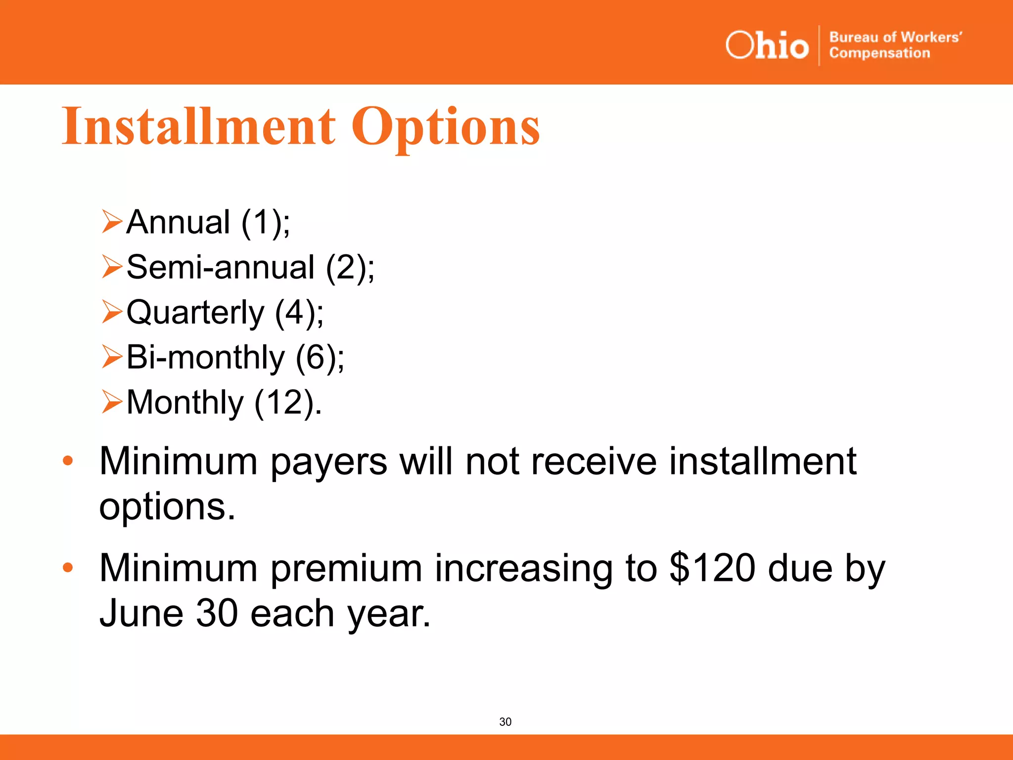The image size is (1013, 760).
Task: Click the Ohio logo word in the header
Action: (767, 46)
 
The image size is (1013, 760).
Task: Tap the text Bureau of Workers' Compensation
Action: (895, 45)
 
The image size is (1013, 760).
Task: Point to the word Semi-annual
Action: (221, 267)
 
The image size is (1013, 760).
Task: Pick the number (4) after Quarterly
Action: (295, 313)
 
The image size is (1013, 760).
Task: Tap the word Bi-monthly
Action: (206, 357)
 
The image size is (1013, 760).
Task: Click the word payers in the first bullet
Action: (328, 462)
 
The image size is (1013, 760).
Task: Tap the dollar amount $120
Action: (712, 568)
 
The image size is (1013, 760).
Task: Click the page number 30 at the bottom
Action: (506, 722)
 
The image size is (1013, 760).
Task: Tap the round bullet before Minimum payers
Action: (68, 461)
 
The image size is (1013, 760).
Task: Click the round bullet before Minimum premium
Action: (68, 568)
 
